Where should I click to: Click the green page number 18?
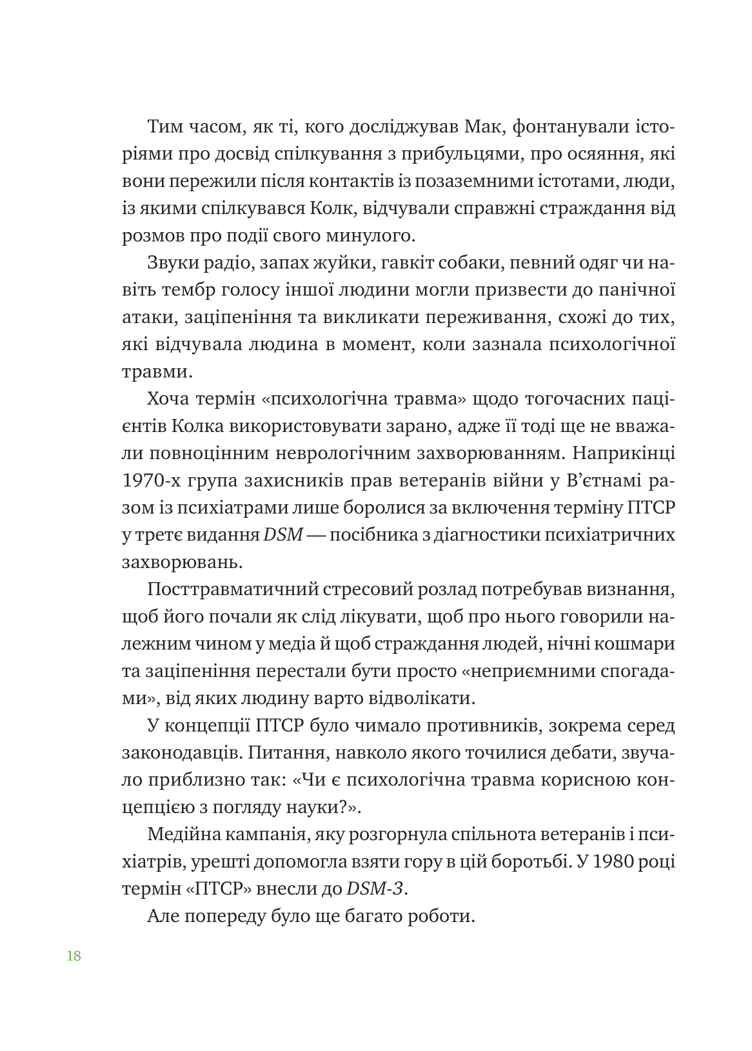74,956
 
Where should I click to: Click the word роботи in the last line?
442,916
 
